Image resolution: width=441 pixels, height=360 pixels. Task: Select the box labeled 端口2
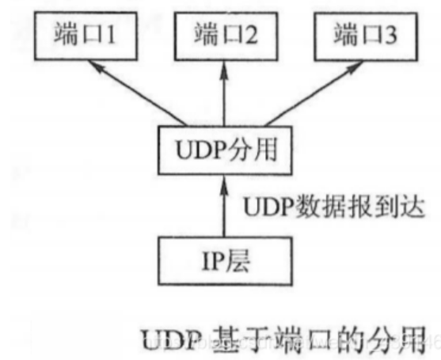point(223,36)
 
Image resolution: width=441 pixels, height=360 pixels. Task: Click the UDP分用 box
point(223,146)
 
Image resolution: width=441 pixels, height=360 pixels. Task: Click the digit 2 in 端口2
point(252,36)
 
